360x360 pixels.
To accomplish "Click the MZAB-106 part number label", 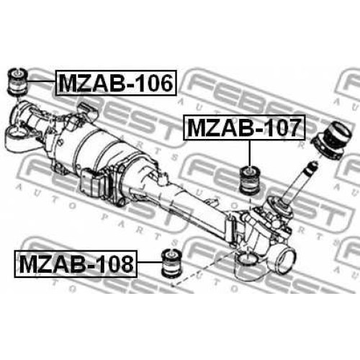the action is click(116, 83).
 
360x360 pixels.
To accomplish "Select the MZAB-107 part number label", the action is click(244, 127).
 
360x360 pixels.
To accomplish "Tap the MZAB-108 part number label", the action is click(76, 264).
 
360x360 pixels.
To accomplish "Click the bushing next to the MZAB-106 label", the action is click(18, 81).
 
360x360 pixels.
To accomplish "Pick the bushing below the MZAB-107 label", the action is click(250, 180).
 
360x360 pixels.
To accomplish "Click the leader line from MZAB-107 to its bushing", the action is click(250, 153).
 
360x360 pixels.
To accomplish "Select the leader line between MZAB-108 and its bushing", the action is click(149, 263).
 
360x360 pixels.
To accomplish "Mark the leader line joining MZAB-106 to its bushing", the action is click(42, 82).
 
